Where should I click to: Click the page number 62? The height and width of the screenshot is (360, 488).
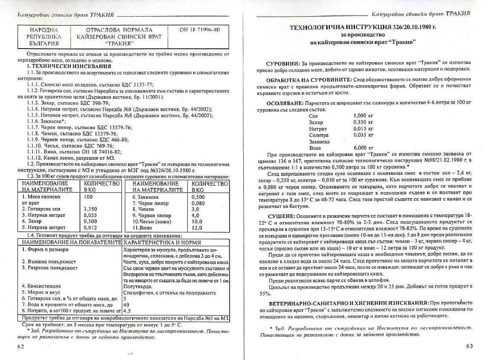[x=20, y=346]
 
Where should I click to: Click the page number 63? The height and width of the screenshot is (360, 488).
[x=469, y=346]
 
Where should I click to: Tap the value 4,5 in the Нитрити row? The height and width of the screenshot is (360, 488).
[x=127, y=311]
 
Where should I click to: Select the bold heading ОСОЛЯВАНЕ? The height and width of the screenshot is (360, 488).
[x=285, y=103]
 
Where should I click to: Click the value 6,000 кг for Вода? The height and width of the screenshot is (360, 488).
[x=363, y=147]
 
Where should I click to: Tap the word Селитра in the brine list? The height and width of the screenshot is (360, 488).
[x=318, y=135]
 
